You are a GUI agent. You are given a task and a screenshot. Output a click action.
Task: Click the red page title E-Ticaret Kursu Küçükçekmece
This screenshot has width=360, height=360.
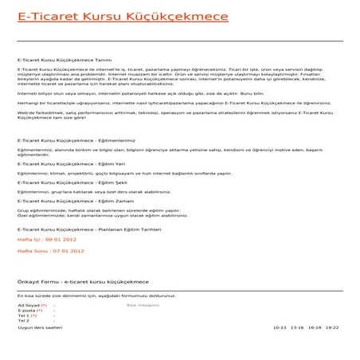click(96, 15)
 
